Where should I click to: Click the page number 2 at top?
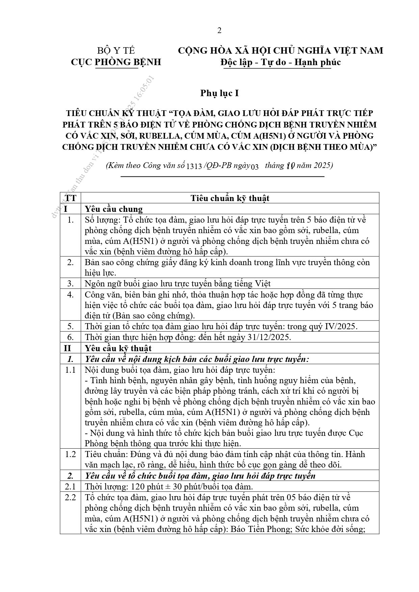click(x=219, y=31)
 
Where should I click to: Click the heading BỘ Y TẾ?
click(x=116, y=51)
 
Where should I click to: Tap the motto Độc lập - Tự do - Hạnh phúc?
click(x=280, y=62)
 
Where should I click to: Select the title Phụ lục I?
click(x=219, y=93)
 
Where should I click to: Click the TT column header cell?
click(x=71, y=198)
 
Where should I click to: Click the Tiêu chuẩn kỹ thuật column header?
click(x=230, y=198)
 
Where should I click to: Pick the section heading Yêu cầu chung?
click(x=113, y=209)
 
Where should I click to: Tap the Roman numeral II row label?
click(x=68, y=348)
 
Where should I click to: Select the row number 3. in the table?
click(x=70, y=284)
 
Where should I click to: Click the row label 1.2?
click(x=70, y=454)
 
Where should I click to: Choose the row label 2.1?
click(x=70, y=486)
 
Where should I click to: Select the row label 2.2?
click(x=70, y=497)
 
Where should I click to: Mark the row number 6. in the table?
click(x=70, y=337)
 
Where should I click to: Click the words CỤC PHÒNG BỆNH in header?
click(x=116, y=62)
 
